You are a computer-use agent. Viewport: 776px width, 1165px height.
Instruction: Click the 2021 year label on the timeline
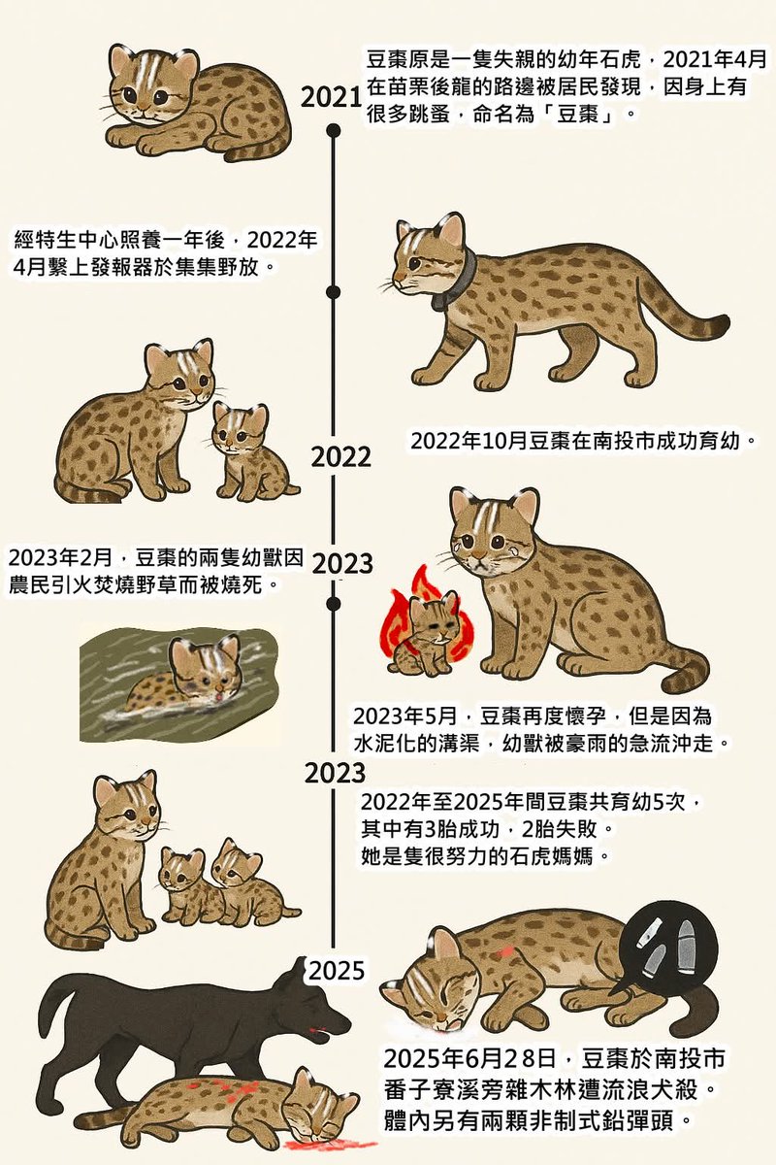331,96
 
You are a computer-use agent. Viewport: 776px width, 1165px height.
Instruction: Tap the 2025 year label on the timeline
336,969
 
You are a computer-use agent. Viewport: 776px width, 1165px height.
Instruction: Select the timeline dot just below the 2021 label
334,129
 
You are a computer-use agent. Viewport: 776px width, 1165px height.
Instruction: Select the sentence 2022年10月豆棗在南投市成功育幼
582,441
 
